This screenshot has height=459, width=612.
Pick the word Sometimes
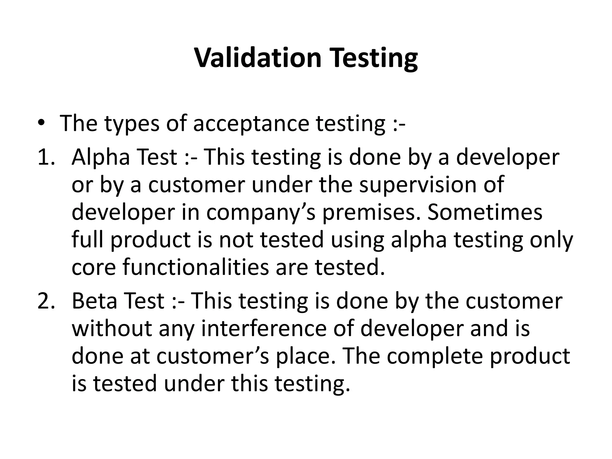(485, 212)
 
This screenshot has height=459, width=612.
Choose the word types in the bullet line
(131, 124)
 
